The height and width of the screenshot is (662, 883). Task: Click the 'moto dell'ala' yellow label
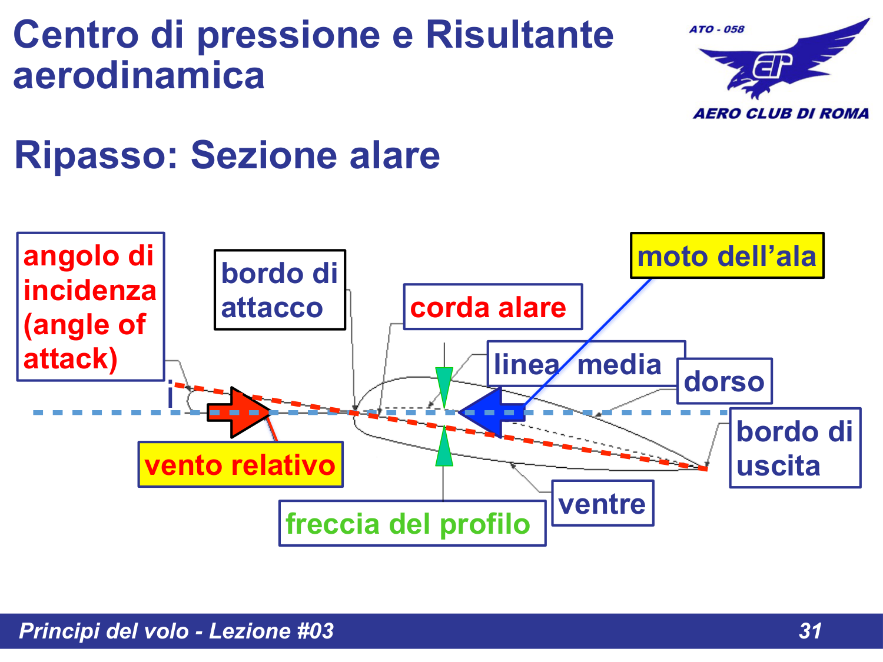[727, 256]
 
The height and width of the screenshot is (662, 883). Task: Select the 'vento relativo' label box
[240, 465]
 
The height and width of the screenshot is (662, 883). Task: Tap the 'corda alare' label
[493, 307]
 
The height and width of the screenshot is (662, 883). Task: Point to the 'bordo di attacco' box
[280, 290]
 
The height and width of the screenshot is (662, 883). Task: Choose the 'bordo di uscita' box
[795, 448]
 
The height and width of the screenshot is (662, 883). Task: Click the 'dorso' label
[724, 381]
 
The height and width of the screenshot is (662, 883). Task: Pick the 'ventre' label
[602, 504]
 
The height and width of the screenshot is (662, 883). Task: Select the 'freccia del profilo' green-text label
[412, 524]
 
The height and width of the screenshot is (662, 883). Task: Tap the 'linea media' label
[586, 364]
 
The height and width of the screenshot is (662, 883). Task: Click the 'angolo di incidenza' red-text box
[90, 307]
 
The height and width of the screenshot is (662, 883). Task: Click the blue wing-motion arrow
[492, 412]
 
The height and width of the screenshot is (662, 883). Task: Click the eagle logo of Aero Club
[783, 62]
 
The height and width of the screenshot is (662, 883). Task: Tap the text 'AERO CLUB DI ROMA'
[781, 114]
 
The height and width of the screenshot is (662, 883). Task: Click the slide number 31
[810, 631]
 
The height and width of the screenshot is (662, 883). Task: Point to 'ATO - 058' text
[716, 29]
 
